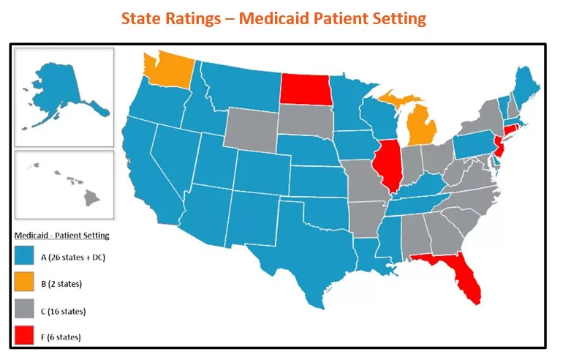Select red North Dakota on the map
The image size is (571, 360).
click(306, 90)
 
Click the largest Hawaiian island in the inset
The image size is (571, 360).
click(91, 197)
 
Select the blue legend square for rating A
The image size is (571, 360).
click(25, 257)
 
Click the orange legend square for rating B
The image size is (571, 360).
click(25, 284)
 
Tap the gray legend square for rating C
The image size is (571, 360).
click(25, 311)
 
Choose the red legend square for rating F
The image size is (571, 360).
click(25, 337)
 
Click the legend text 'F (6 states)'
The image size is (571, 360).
click(61, 337)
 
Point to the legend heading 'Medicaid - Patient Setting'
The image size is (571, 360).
click(62, 236)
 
